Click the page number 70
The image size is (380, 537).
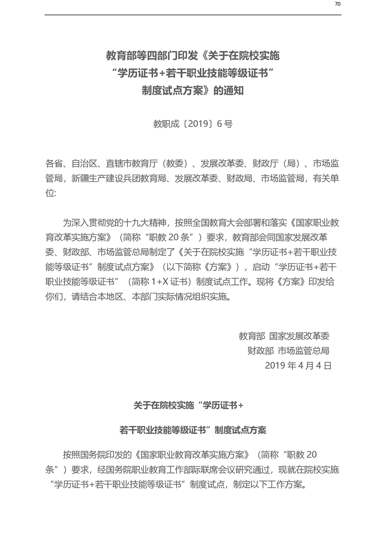tap(337, 4)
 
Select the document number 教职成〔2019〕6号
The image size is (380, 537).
tap(193, 124)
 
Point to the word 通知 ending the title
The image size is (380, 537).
tap(233, 90)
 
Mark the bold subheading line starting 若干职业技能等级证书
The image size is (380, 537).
tap(193, 430)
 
